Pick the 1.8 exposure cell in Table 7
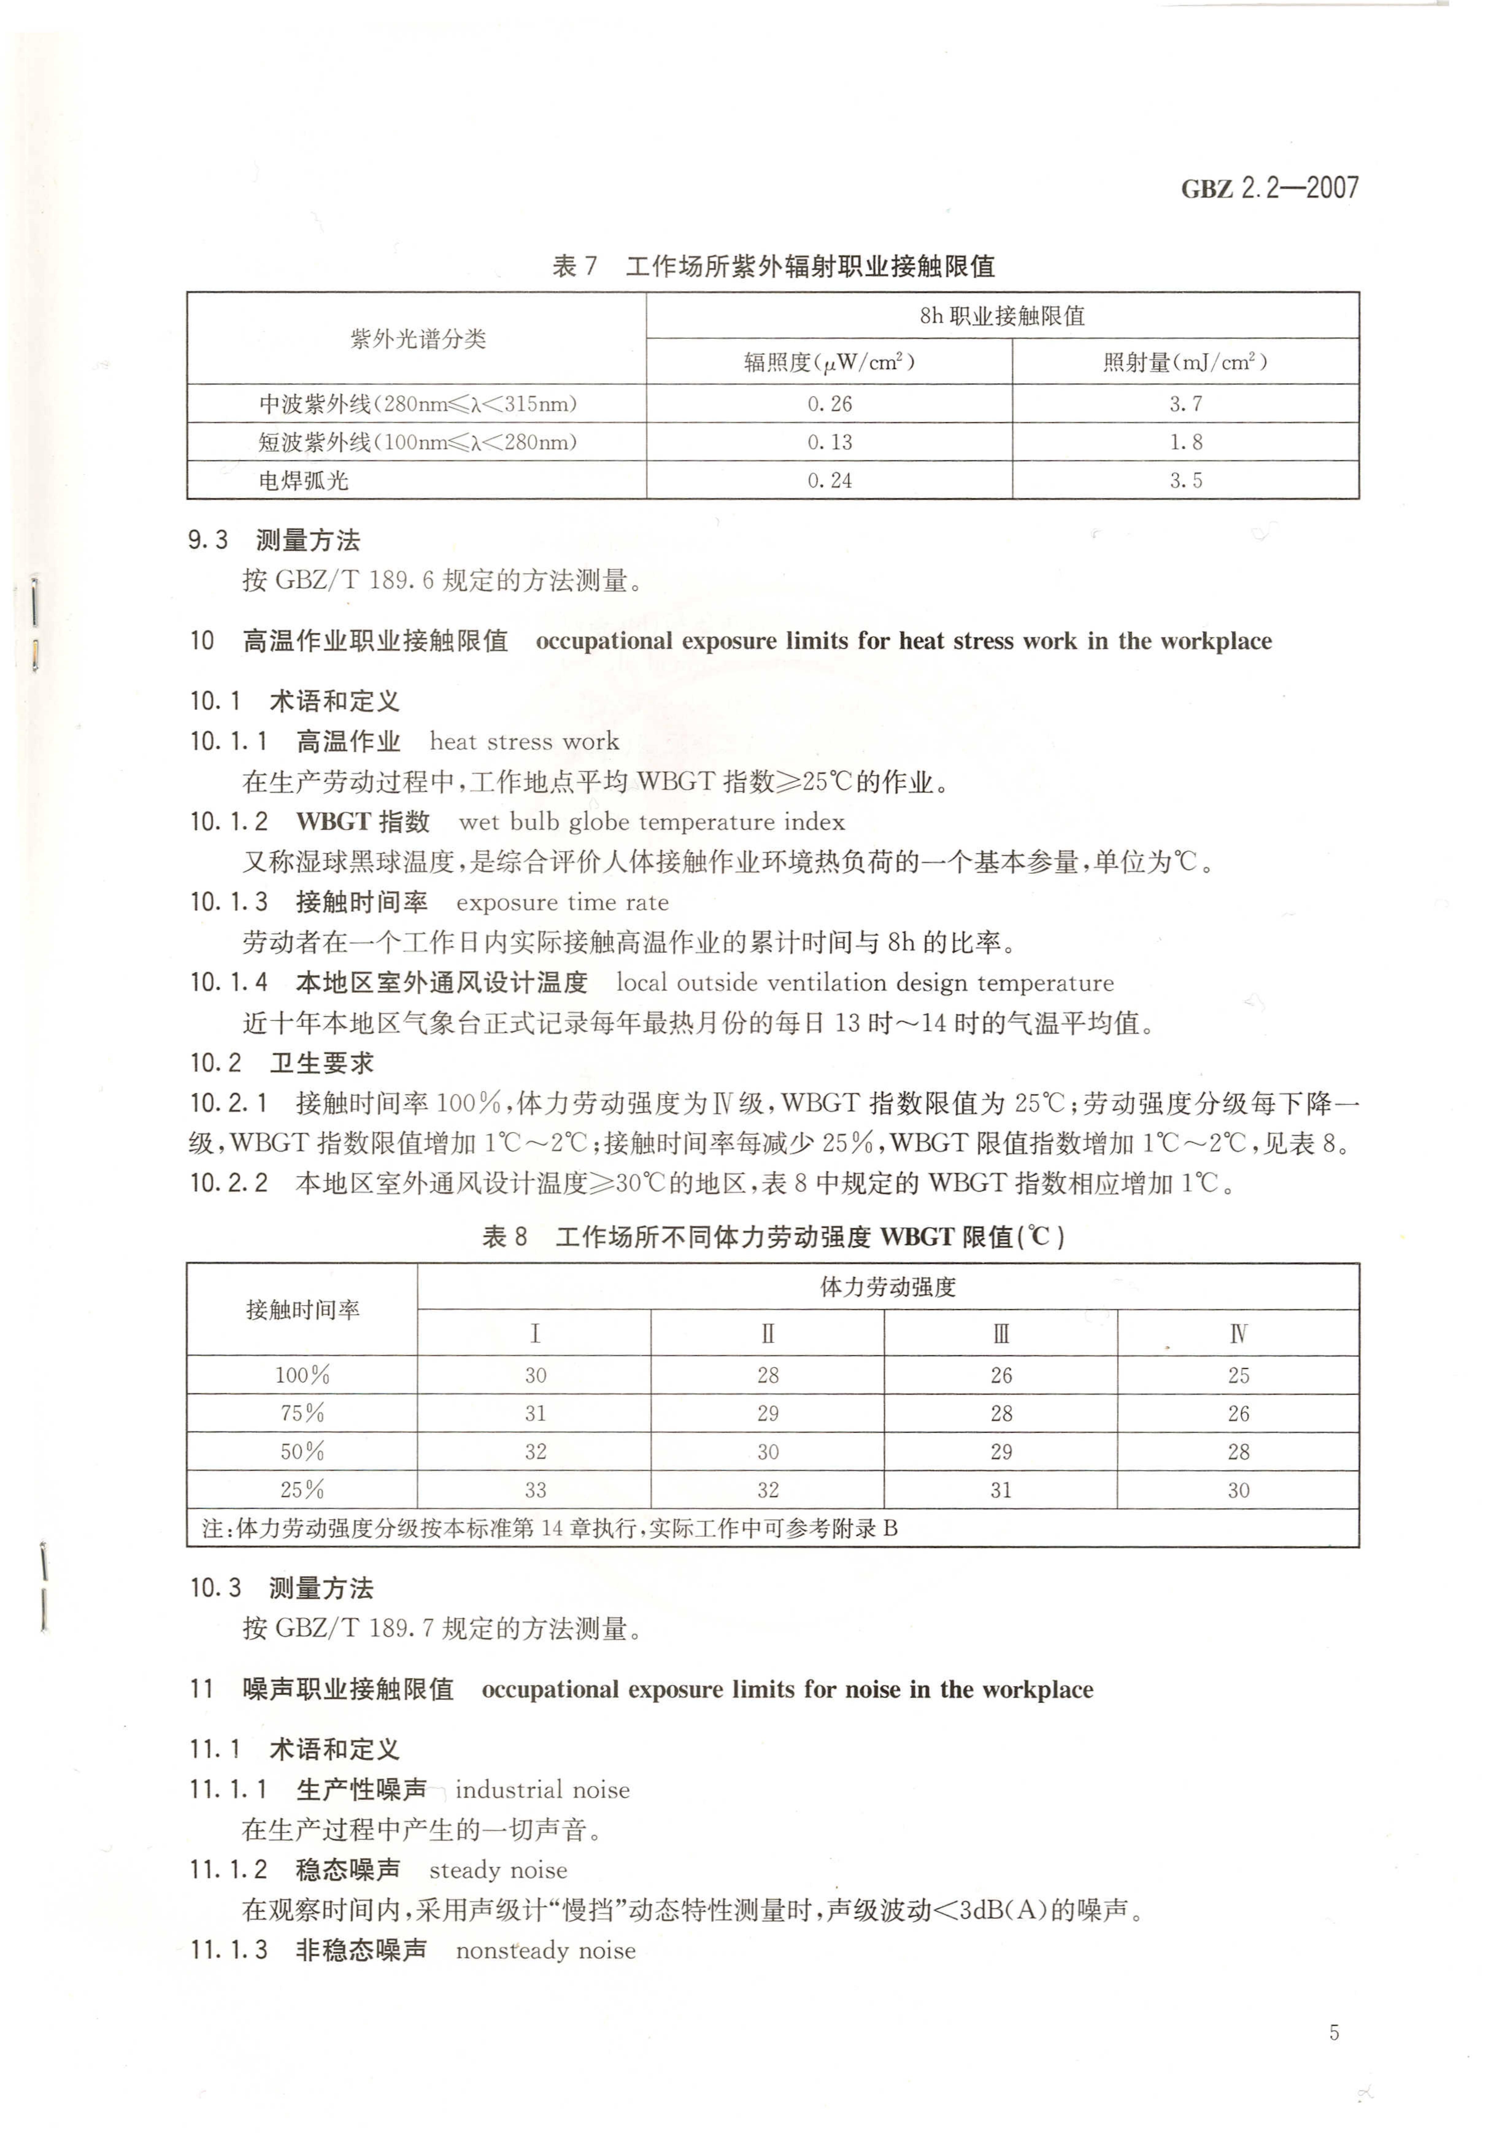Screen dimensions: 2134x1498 click(1186, 443)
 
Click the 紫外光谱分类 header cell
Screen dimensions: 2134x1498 click(418, 338)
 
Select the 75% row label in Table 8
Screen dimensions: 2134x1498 click(302, 1414)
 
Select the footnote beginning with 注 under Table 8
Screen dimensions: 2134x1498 click(549, 1529)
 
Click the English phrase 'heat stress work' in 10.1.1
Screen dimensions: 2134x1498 click(523, 742)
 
